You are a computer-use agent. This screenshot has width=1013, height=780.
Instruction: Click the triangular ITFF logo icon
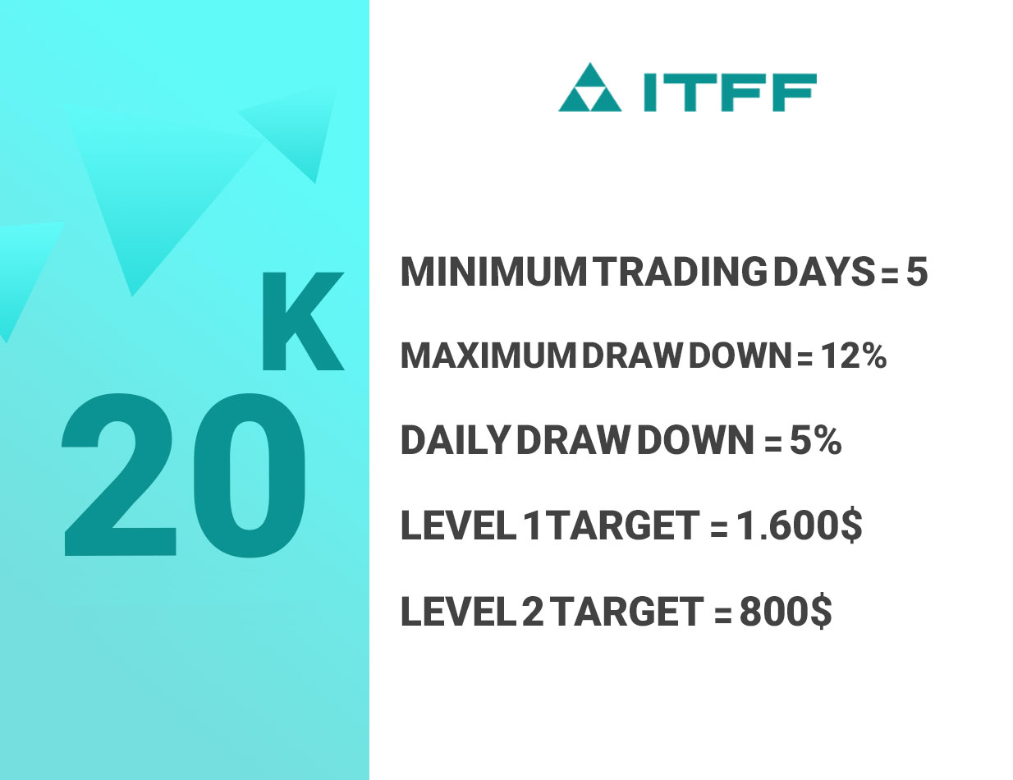point(589,87)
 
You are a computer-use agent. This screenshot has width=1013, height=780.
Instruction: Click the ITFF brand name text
point(730,92)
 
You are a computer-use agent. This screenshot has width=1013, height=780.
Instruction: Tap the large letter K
point(303,322)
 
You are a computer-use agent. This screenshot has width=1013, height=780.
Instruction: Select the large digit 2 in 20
point(119,475)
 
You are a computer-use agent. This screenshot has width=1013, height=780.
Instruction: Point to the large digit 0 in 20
point(250,475)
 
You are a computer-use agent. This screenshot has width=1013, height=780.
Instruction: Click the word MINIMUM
point(493,273)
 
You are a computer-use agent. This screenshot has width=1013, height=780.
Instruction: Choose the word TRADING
point(682,273)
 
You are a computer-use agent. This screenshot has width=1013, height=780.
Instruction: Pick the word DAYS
point(824,273)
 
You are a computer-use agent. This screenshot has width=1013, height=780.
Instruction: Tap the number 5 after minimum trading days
point(916,273)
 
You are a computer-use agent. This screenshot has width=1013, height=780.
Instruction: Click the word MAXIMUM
point(488,356)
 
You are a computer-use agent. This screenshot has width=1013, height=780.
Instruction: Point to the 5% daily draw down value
point(815,440)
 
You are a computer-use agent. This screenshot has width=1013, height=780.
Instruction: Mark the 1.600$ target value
point(800,525)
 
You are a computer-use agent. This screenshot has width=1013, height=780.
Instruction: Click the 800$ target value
point(786,611)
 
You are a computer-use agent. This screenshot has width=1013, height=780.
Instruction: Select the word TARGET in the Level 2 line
point(629,611)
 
